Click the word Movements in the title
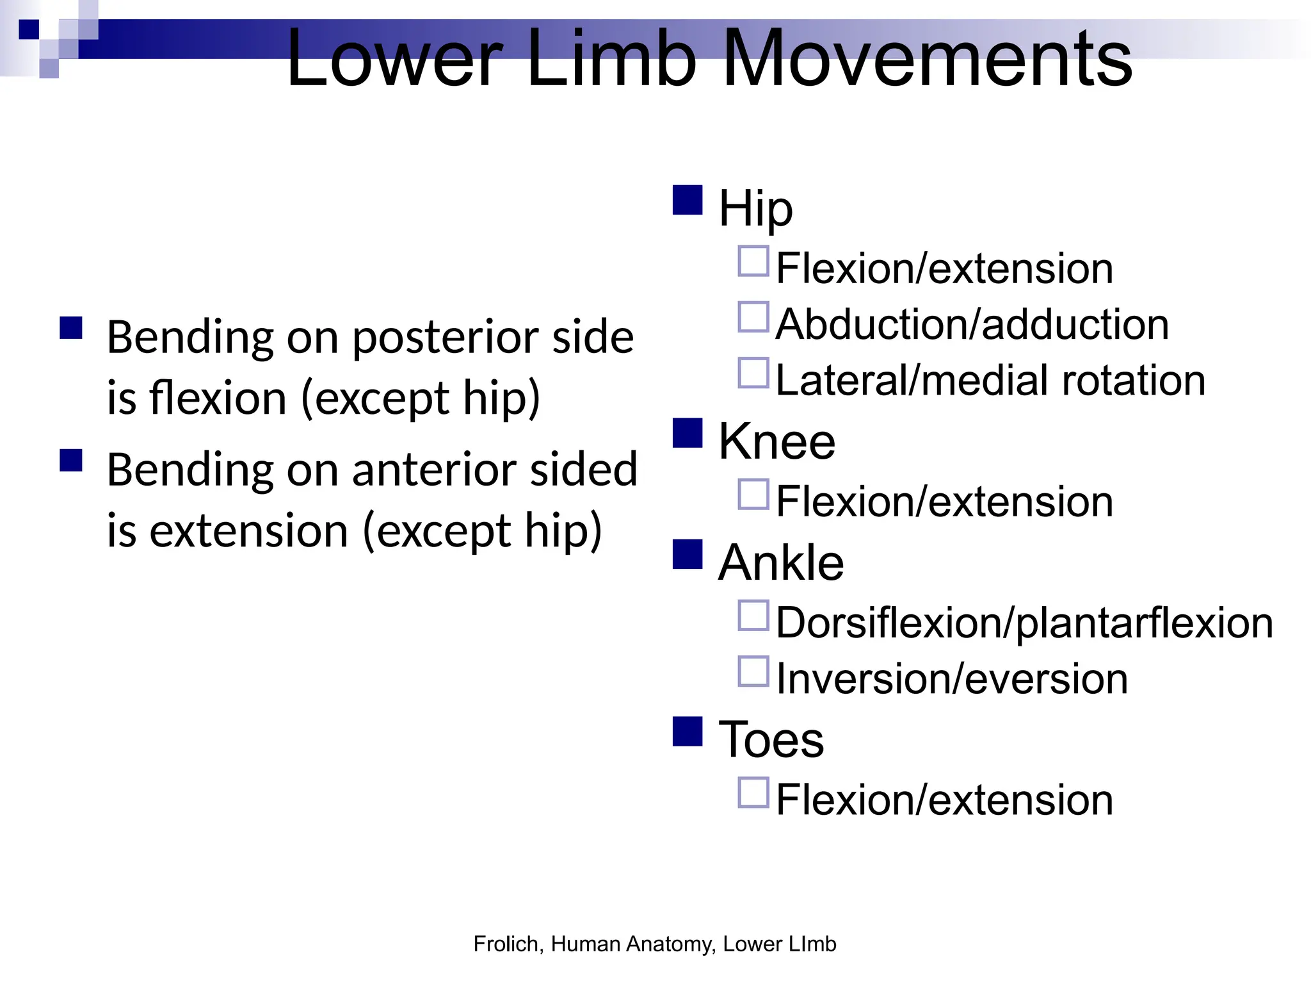tap(928, 59)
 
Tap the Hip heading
tap(755, 208)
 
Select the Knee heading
tap(776, 441)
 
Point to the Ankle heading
tap(781, 562)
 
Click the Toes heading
tap(771, 739)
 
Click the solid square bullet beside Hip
tap(688, 200)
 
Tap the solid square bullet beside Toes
tap(688, 732)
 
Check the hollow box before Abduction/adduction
tap(753, 317)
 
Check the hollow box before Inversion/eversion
tap(753, 671)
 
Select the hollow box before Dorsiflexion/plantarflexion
tap(753, 615)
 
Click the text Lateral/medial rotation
tap(990, 381)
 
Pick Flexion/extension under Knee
tap(944, 502)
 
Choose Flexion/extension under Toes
tap(944, 800)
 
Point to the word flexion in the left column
tap(218, 398)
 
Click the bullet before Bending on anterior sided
tap(71, 460)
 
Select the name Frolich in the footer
tap(508, 944)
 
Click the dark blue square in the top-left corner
tap(29, 29)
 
